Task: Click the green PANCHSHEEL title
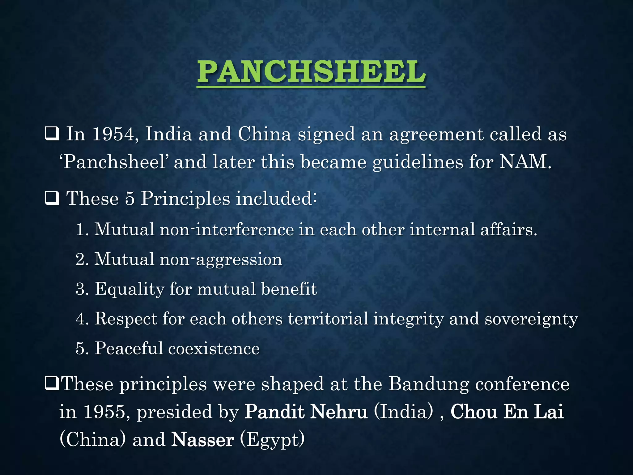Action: (311, 72)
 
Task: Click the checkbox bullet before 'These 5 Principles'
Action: (52, 199)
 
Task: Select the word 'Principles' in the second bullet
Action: (185, 199)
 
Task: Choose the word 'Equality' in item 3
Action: (130, 289)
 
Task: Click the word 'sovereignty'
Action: (531, 319)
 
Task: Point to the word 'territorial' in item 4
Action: (328, 319)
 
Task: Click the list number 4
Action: (81, 319)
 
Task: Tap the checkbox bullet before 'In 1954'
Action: (52, 135)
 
